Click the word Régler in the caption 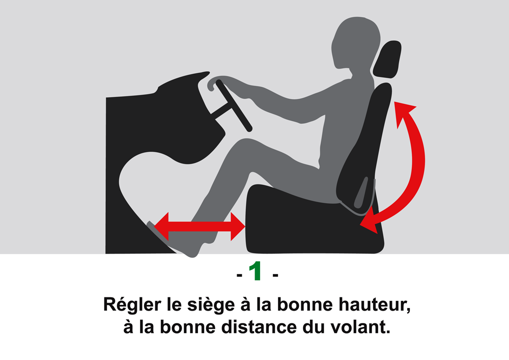(x=132, y=305)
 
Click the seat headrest (x=387, y=60)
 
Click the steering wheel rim (x=234, y=105)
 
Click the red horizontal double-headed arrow (x=200, y=226)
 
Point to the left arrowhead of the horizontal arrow (x=161, y=226)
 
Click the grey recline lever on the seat (x=361, y=192)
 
